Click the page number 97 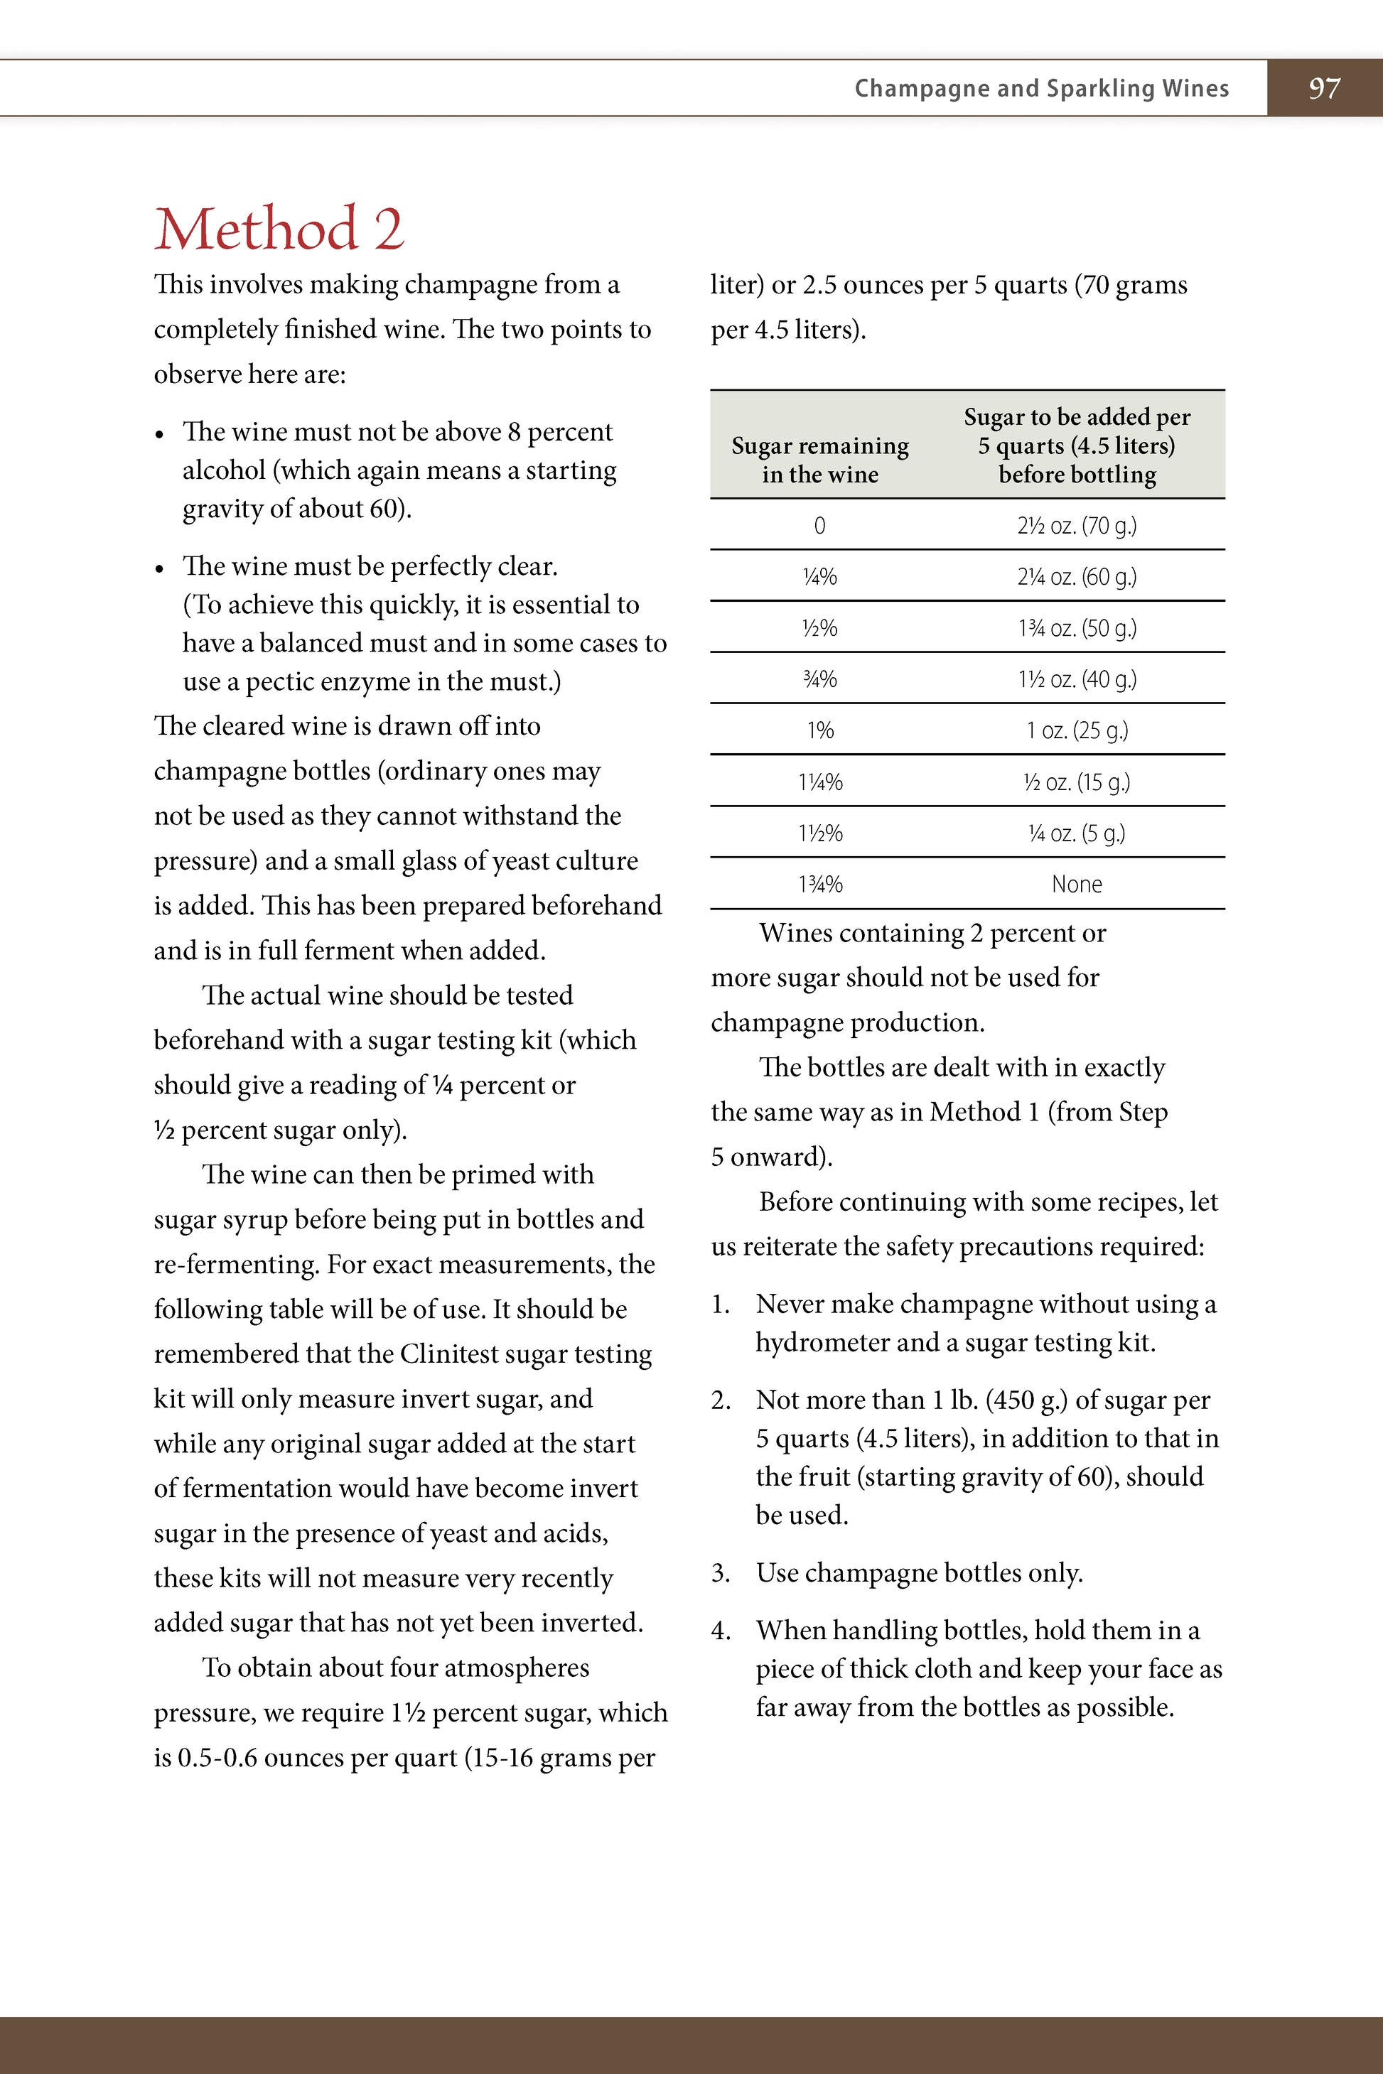(x=1324, y=88)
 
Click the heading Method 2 (x=279, y=228)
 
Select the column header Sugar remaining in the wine (x=819, y=460)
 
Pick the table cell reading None (x=1076, y=884)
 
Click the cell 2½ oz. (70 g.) (x=1076, y=526)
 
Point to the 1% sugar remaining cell (x=819, y=730)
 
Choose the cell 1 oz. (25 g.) (x=1076, y=730)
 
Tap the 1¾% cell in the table (x=819, y=884)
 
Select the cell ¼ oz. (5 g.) (x=1076, y=833)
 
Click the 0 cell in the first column (x=819, y=526)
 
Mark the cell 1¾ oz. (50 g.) (x=1076, y=628)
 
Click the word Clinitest (x=454, y=1354)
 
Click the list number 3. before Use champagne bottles (x=721, y=1573)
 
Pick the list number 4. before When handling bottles (x=721, y=1631)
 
